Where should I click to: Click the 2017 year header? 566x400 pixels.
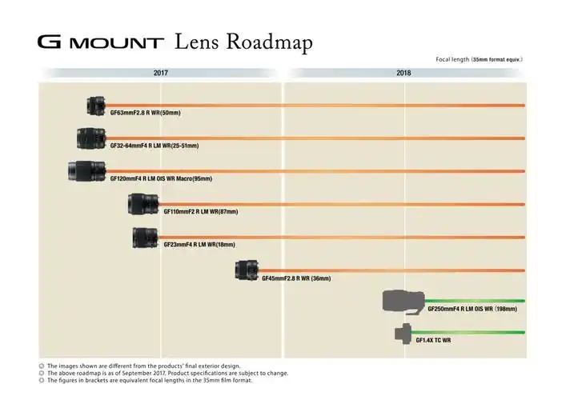pyautogui.click(x=161, y=73)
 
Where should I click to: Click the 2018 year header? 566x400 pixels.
pyautogui.click(x=403, y=73)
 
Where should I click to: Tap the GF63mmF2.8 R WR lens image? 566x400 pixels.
pyautogui.click(x=96, y=106)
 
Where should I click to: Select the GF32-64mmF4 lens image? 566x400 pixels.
pyautogui.click(x=91, y=138)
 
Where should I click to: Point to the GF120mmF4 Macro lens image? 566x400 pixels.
pyautogui.click(x=87, y=171)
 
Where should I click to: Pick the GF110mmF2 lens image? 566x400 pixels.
pyautogui.click(x=143, y=204)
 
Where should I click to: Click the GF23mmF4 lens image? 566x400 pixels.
pyautogui.click(x=145, y=238)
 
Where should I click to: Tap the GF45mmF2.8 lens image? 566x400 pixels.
pyautogui.click(x=247, y=270)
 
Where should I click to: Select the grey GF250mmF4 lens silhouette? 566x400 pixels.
pyautogui.click(x=403, y=302)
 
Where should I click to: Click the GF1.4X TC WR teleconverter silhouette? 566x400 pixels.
pyautogui.click(x=403, y=334)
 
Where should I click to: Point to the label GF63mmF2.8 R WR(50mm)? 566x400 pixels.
pyautogui.click(x=145, y=113)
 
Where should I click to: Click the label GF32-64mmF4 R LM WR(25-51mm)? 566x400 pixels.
pyautogui.click(x=155, y=146)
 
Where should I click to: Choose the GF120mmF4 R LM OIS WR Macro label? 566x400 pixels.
pyautogui.click(x=161, y=178)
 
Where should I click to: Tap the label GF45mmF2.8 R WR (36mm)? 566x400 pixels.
pyautogui.click(x=296, y=278)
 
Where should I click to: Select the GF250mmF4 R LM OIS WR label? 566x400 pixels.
pyautogui.click(x=472, y=309)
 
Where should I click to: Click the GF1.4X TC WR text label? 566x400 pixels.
pyautogui.click(x=433, y=340)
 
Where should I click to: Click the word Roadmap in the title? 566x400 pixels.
pyautogui.click(x=269, y=42)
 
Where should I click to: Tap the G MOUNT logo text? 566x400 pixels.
pyautogui.click(x=101, y=42)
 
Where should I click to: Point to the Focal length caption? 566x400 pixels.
pyautogui.click(x=479, y=59)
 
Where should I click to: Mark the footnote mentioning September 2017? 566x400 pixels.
pyautogui.click(x=168, y=373)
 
